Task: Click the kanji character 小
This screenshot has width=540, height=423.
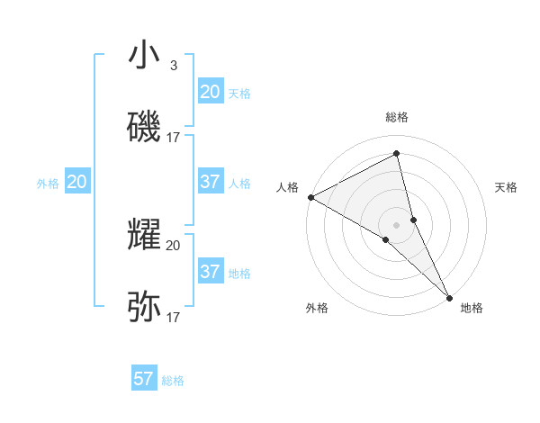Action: (144, 55)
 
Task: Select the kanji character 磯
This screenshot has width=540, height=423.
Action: (144, 127)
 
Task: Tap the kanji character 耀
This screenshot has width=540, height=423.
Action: (144, 235)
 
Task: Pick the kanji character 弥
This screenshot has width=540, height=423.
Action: (144, 307)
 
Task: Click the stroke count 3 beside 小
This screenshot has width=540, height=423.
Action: (173, 66)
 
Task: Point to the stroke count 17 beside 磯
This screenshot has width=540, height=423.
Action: (174, 138)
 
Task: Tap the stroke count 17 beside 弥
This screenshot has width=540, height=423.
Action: (174, 318)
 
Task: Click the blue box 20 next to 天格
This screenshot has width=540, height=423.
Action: (211, 92)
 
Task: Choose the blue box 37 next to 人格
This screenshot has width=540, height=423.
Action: (211, 182)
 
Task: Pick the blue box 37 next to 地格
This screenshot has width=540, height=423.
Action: (211, 272)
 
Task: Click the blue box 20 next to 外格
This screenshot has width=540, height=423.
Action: (77, 182)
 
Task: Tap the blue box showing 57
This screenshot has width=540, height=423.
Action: (144, 379)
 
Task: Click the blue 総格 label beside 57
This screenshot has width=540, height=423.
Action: (173, 381)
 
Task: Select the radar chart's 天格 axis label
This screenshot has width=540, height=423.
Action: (506, 187)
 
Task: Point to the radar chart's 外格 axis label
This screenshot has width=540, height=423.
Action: (317, 309)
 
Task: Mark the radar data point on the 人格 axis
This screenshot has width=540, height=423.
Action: (310, 197)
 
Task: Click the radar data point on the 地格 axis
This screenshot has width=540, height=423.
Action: (449, 296)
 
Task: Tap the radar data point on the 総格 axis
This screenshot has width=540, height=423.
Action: (397, 154)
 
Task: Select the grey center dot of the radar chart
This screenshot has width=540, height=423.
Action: (397, 224)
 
